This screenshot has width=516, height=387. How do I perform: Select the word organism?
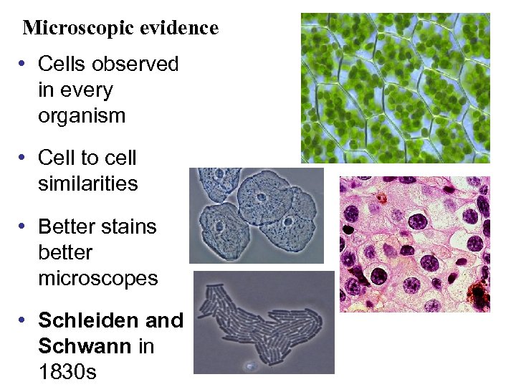82,115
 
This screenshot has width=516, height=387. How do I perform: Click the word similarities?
87,183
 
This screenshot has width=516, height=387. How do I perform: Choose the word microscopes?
97,278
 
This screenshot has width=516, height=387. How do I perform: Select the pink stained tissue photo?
414,244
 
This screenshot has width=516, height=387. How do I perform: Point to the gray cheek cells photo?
256,215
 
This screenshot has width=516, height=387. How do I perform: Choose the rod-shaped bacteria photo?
264,322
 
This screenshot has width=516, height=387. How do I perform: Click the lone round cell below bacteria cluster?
250,366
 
